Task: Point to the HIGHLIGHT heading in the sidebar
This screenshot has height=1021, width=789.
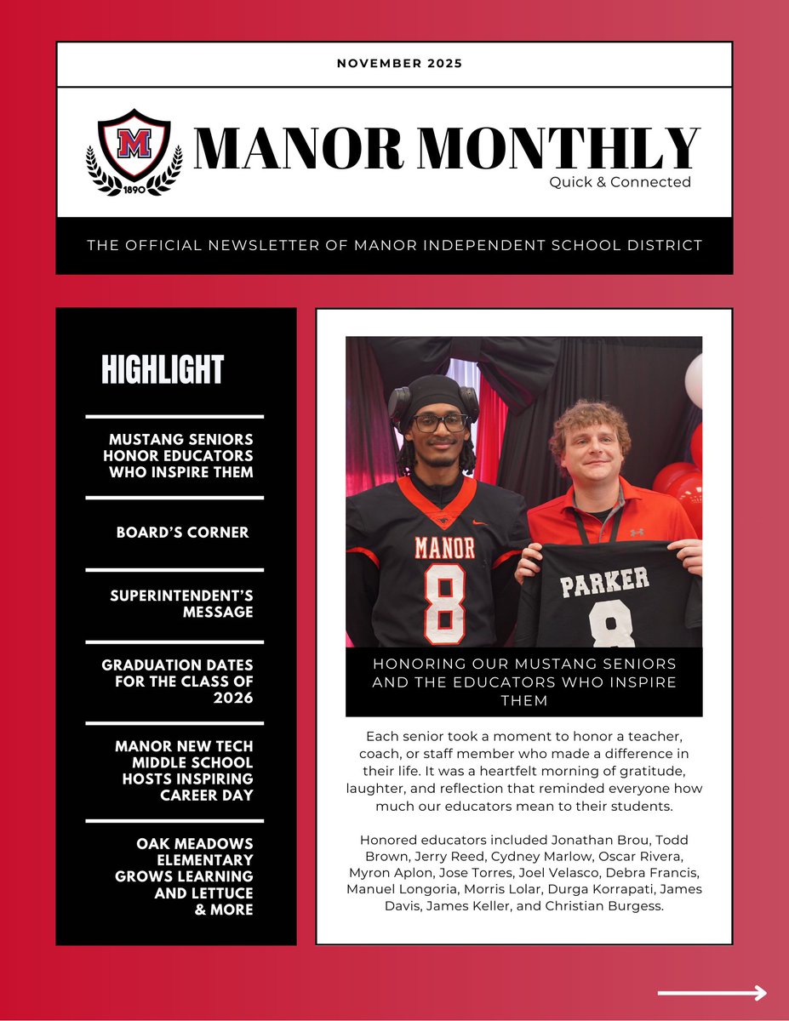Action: click(x=162, y=370)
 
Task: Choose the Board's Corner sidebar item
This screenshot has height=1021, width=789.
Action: click(x=183, y=533)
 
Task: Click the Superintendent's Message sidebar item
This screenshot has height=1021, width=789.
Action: click(x=181, y=603)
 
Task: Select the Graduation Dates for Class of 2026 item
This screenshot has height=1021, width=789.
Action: click(x=178, y=681)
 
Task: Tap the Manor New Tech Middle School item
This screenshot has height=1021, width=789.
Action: click(x=184, y=770)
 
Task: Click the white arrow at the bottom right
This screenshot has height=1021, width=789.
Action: click(x=712, y=993)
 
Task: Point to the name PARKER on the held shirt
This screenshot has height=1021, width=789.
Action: click(x=604, y=583)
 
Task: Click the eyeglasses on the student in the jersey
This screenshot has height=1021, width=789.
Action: click(x=439, y=422)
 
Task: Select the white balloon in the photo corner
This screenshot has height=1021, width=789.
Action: click(x=695, y=379)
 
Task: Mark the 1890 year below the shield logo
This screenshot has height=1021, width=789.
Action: click(x=133, y=190)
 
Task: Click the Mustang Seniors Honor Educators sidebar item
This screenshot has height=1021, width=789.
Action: click(x=180, y=455)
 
